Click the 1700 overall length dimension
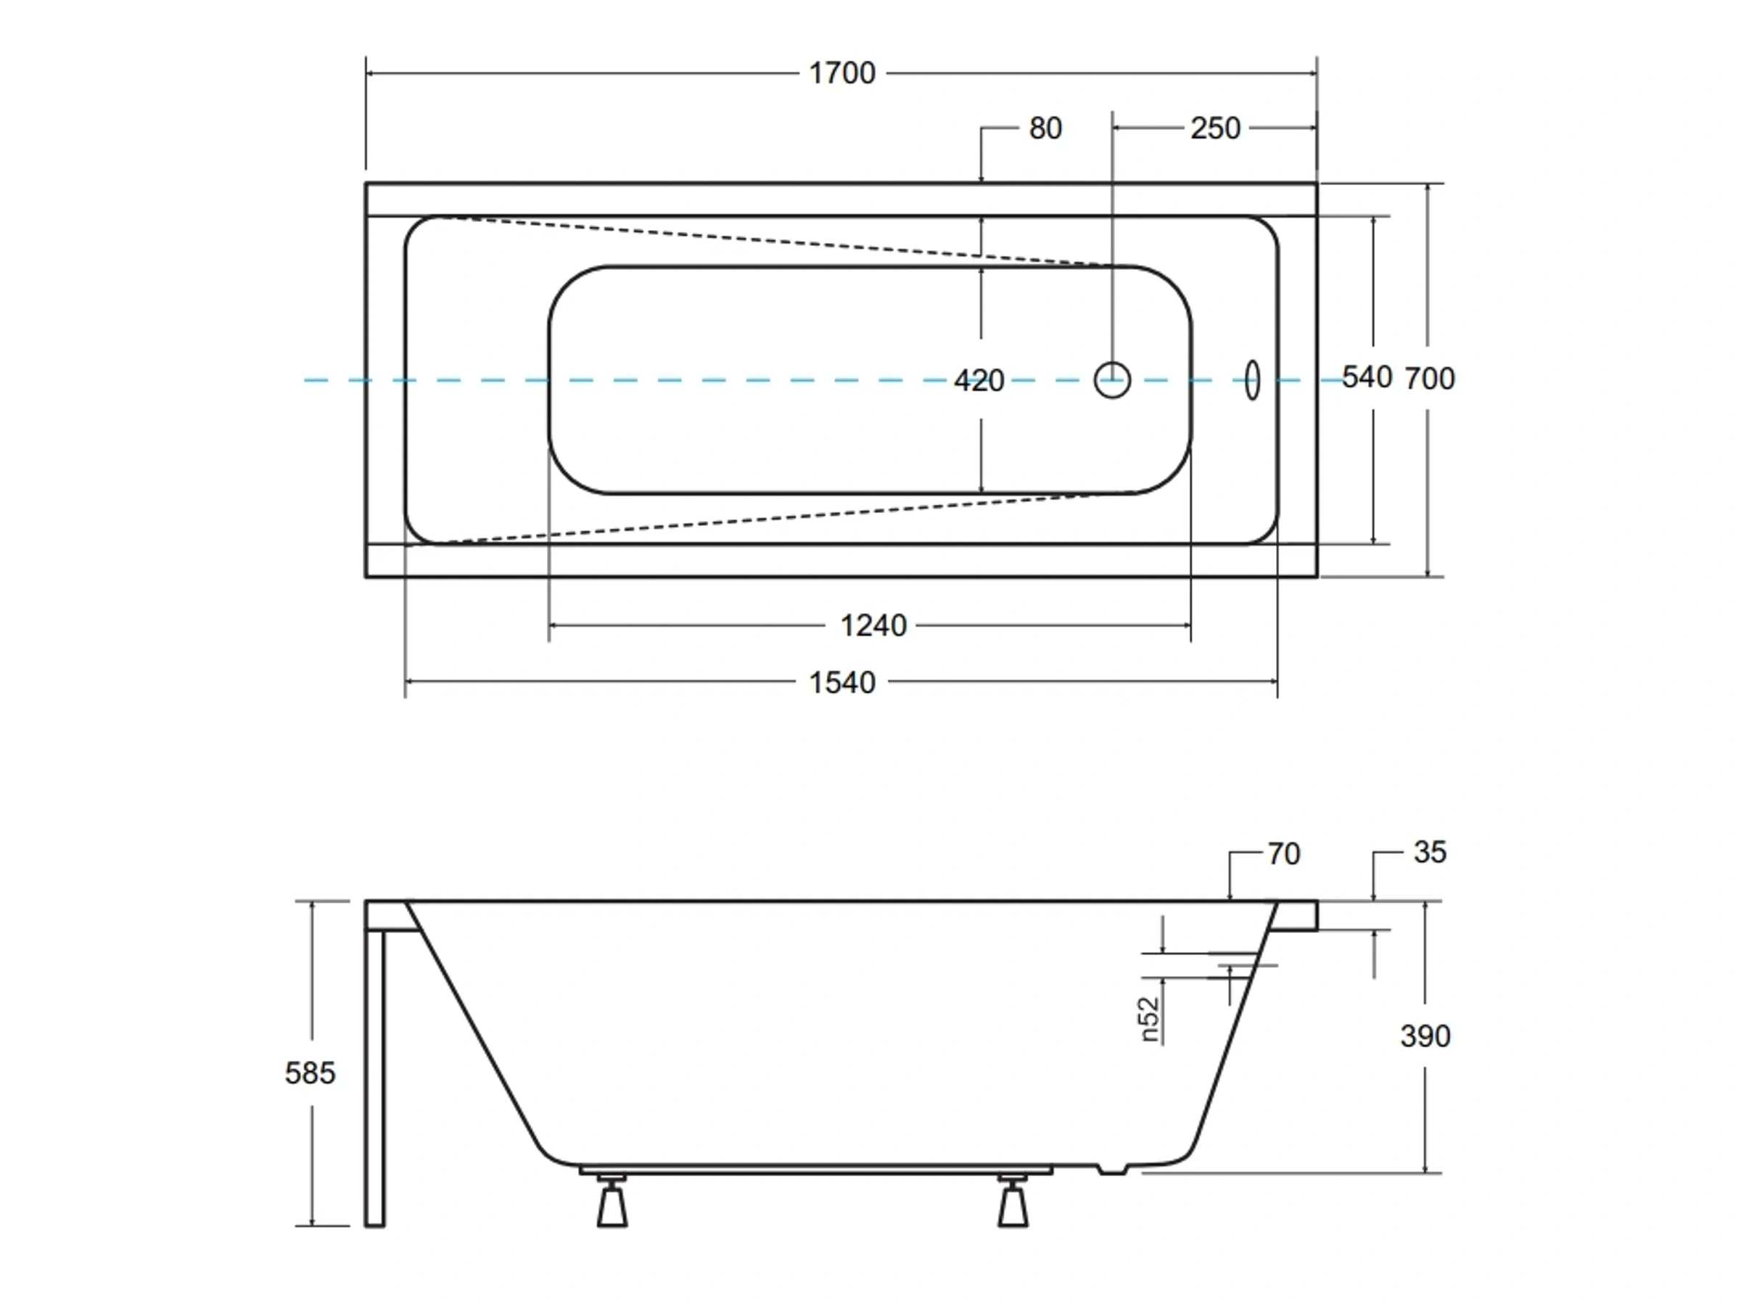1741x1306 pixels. (841, 73)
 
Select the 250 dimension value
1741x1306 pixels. (1214, 128)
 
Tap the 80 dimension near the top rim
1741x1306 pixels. (1045, 128)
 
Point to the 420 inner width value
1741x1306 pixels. (979, 381)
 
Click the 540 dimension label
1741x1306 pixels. (1367, 378)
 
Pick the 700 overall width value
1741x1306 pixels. (1429, 379)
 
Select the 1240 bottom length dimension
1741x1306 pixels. (873, 626)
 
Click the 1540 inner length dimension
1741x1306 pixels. (841, 683)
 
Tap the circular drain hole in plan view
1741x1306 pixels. (1111, 380)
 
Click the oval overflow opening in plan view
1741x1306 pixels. (1251, 380)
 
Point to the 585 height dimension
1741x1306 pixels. (309, 1073)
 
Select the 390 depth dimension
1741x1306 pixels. (1425, 1036)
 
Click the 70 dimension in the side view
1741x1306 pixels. (1283, 854)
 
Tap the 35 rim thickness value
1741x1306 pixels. (1429, 852)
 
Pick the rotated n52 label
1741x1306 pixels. (1150, 1019)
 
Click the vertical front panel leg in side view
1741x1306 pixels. (374, 1078)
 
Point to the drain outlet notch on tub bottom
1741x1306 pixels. (1112, 1170)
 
